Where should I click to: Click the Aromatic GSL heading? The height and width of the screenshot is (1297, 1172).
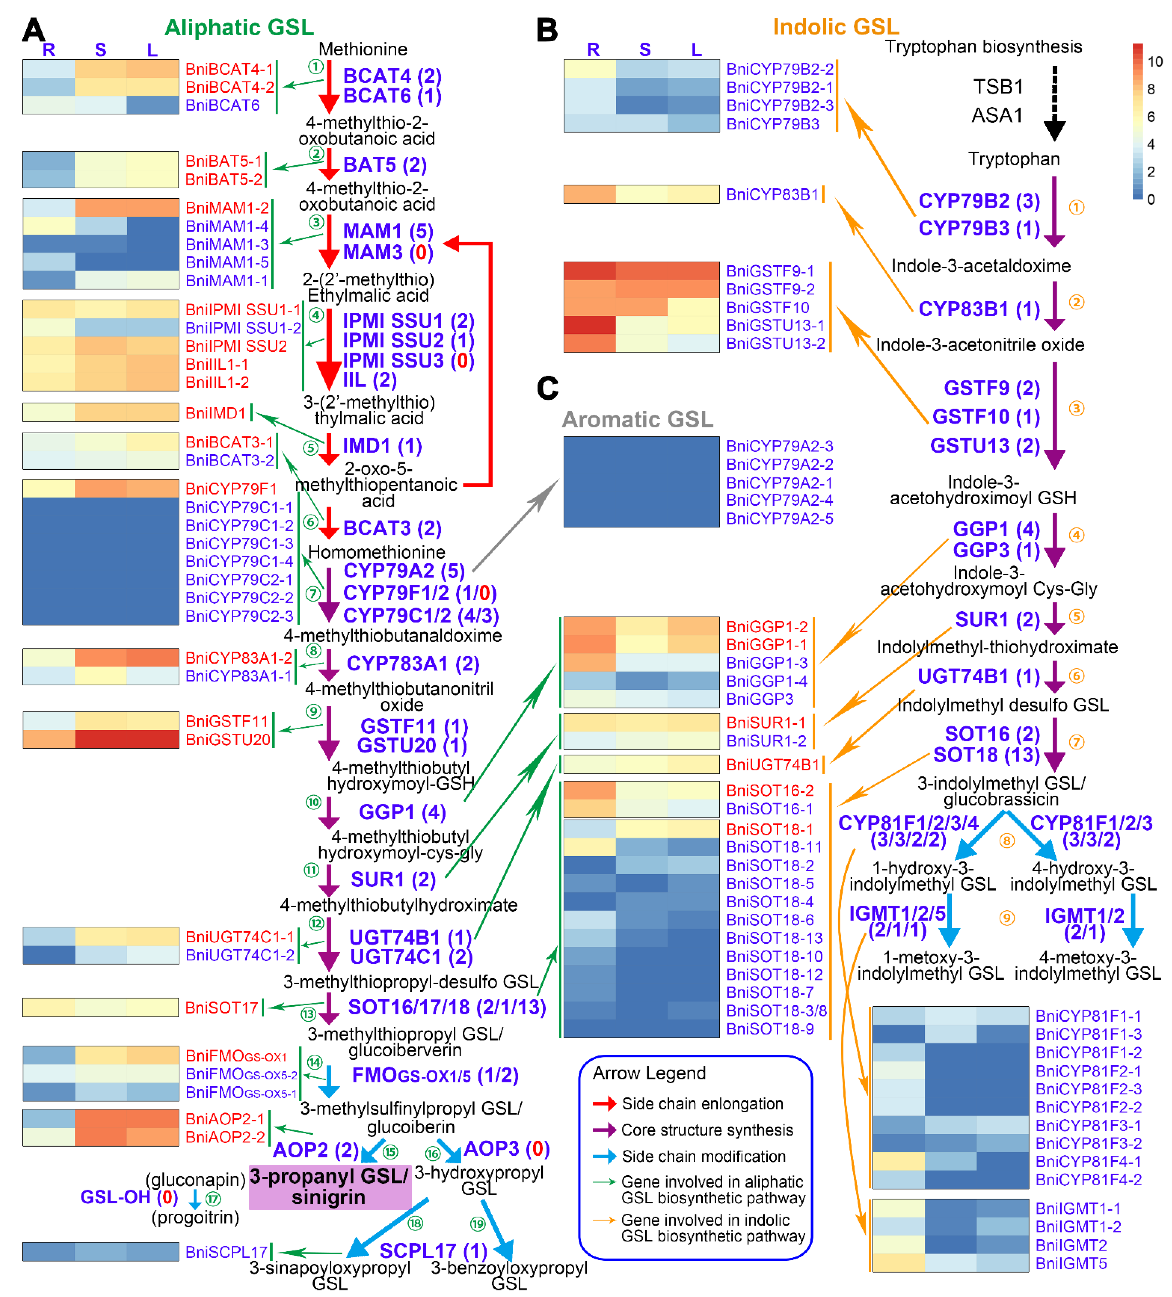[637, 420]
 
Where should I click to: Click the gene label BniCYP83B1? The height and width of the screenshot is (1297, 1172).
[772, 194]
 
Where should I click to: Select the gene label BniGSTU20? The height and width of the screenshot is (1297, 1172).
[227, 740]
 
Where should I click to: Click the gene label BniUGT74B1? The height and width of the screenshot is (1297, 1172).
[772, 765]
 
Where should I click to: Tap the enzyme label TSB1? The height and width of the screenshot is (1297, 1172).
[998, 86]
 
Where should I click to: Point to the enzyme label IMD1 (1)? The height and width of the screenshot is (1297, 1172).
[382, 446]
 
